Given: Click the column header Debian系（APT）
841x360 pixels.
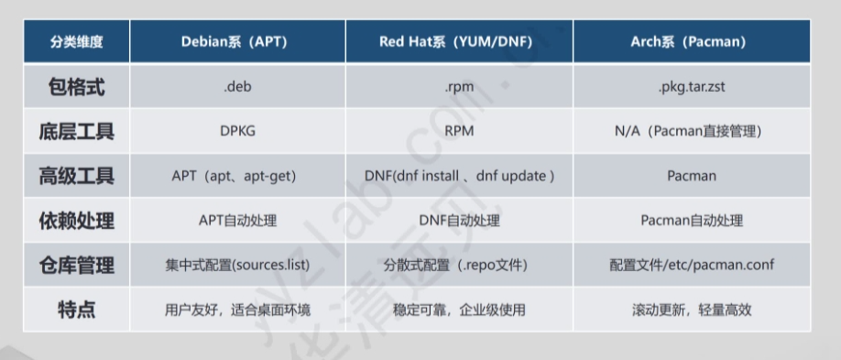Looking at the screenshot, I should (x=237, y=42).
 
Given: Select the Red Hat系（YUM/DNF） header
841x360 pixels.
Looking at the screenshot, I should (x=459, y=42).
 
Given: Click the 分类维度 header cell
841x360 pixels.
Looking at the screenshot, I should (x=76, y=42).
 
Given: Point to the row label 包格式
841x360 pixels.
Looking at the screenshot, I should (x=76, y=87).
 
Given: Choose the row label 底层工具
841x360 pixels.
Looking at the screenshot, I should (x=76, y=132).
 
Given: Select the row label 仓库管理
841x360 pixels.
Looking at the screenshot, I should (x=76, y=266).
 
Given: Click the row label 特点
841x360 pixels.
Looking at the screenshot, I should (x=76, y=311).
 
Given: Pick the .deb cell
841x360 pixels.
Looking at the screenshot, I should (x=237, y=87).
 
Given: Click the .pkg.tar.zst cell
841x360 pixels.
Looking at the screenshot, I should (x=692, y=87).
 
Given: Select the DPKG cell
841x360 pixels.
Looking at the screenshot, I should (x=237, y=132).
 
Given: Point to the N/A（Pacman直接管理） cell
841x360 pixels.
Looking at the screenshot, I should (x=692, y=132).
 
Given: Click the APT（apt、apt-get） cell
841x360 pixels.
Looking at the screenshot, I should (x=237, y=176).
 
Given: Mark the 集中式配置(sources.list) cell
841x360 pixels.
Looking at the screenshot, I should (x=237, y=266).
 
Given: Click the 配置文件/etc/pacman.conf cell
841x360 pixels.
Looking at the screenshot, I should (x=692, y=266).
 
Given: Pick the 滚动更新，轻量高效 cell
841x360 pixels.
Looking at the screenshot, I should (x=692, y=311).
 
